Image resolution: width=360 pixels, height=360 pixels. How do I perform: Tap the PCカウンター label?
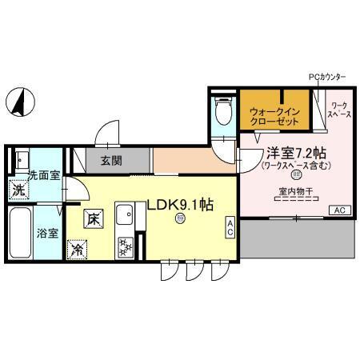point(327,77)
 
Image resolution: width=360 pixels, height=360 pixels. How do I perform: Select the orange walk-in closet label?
point(274,115)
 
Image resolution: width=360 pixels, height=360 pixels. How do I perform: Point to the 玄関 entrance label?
point(111,160)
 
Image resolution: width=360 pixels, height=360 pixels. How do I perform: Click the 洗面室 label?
point(43,174)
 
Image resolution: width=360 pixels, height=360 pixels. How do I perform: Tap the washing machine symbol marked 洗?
point(18,191)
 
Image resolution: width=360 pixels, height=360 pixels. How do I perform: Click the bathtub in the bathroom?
point(19,231)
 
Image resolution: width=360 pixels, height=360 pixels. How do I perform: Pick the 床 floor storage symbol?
point(94,216)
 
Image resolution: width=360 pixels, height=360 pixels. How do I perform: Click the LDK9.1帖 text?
point(179,204)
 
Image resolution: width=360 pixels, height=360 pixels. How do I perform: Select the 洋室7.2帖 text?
point(295,152)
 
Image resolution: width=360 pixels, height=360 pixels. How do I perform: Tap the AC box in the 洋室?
point(338,210)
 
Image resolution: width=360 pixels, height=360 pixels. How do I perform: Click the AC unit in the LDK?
point(230,227)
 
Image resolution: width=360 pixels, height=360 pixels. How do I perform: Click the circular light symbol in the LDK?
point(180,218)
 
